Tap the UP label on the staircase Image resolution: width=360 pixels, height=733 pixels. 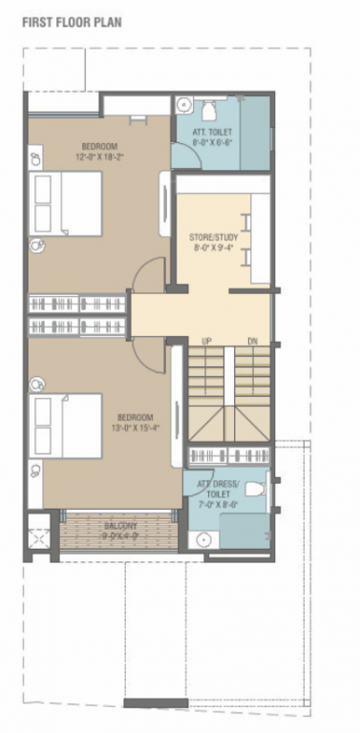(206, 340)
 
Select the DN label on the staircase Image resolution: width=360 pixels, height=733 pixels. (251, 340)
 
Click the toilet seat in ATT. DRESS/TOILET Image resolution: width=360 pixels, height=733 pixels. (254, 489)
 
